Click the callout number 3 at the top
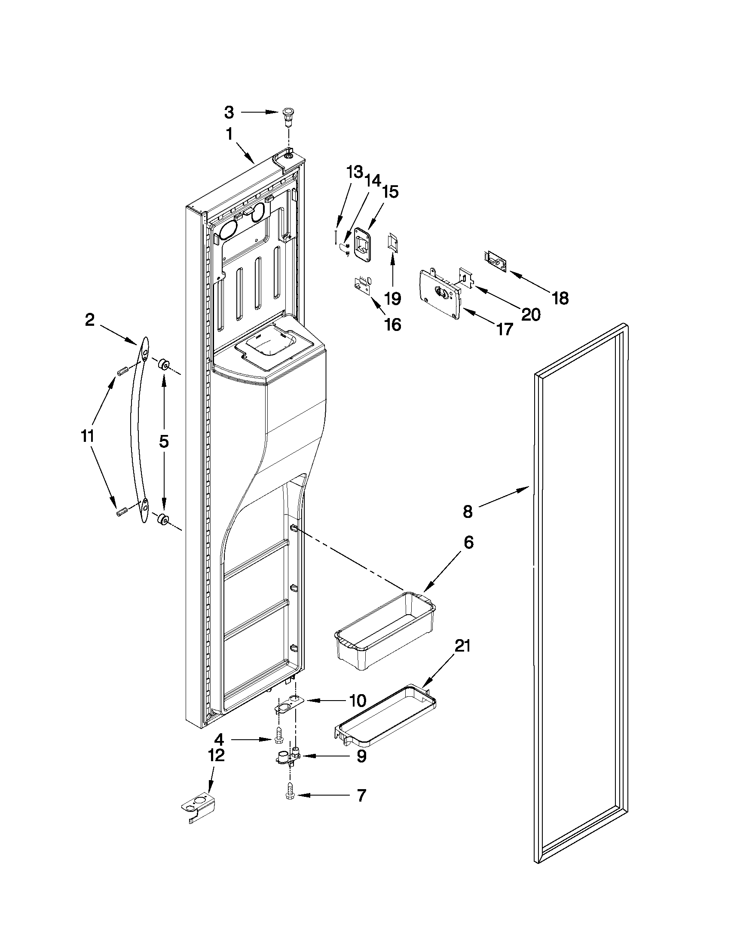229,113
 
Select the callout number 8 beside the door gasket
468,511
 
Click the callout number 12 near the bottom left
217,756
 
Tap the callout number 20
531,315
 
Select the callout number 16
393,324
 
